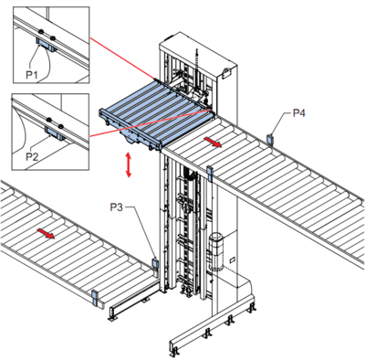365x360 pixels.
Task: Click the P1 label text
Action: click(x=31, y=74)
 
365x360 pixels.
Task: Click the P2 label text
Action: click(x=32, y=157)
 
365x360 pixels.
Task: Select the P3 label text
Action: click(x=116, y=207)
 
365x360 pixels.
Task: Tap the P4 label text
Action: click(x=299, y=113)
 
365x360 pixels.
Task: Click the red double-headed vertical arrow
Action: click(x=129, y=164)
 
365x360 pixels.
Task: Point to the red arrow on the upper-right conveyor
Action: click(x=213, y=142)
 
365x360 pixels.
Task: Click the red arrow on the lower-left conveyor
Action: click(x=46, y=234)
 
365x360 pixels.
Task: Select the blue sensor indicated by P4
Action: click(x=269, y=140)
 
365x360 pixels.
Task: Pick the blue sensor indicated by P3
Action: click(x=155, y=265)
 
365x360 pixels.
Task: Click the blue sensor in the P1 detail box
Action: click(x=47, y=45)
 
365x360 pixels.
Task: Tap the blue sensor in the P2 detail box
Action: click(x=55, y=133)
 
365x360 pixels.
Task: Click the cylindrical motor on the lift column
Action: click(x=216, y=251)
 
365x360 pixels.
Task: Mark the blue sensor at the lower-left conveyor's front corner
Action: click(x=95, y=298)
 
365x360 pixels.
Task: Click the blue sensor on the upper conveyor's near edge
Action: click(x=209, y=172)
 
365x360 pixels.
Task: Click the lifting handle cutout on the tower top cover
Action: click(x=227, y=72)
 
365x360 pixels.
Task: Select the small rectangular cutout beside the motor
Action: click(x=232, y=259)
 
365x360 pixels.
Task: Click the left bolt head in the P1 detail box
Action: click(x=40, y=31)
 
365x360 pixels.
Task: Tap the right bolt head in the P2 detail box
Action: click(x=61, y=125)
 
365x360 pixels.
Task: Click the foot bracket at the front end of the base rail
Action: click(x=173, y=353)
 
